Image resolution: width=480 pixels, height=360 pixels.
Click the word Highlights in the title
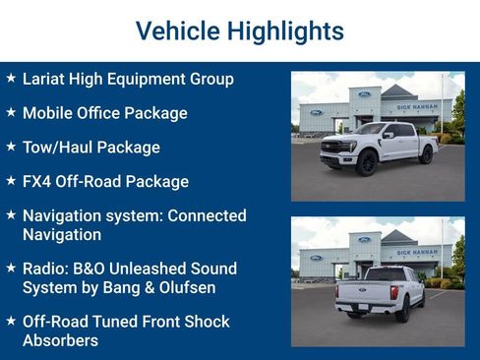pos(285,30)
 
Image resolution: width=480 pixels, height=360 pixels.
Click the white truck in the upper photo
pos(379,148)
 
